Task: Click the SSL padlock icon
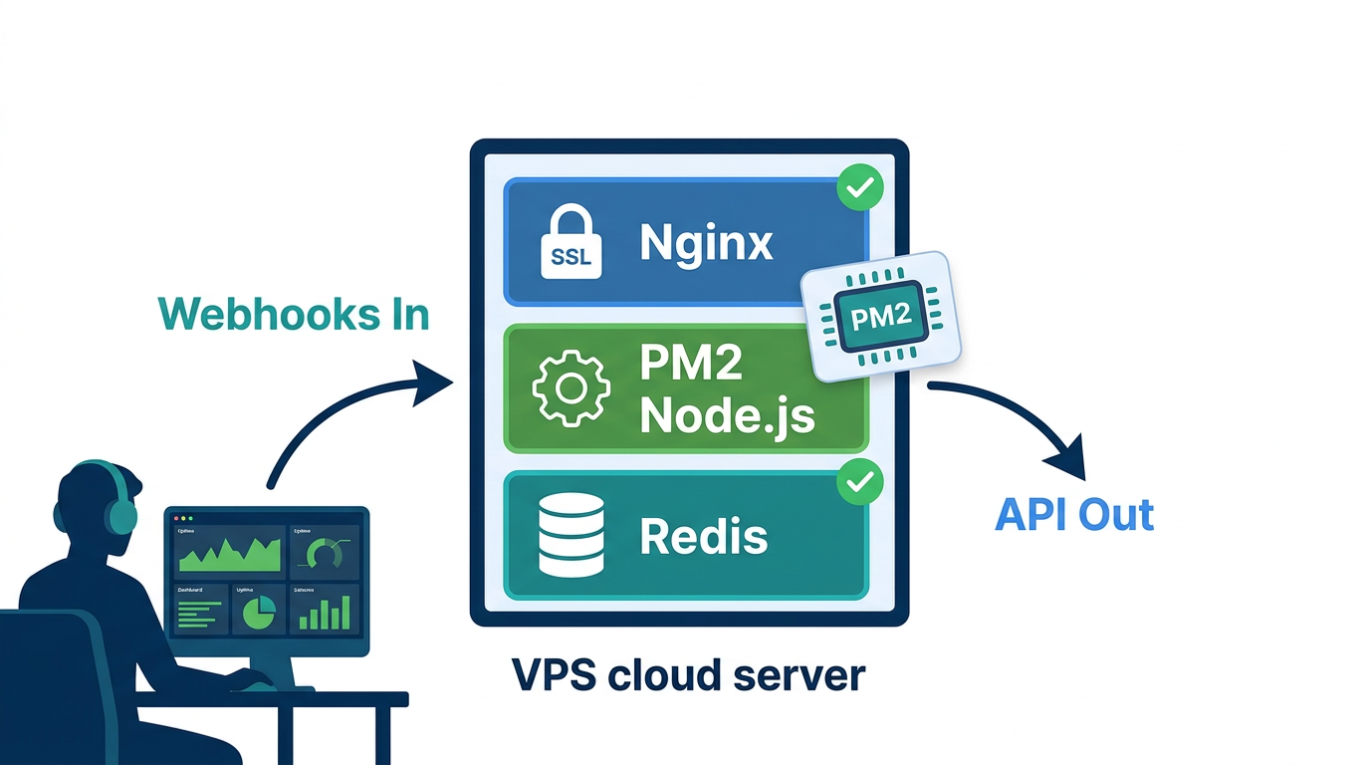tap(571, 243)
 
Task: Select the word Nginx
tap(706, 242)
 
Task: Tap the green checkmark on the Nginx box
tap(859, 186)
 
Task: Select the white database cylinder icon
tap(571, 535)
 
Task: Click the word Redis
tap(703, 536)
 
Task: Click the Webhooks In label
tap(294, 314)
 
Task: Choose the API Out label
tap(1074, 515)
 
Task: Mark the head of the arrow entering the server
tap(436, 382)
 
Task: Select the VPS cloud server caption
tap(688, 675)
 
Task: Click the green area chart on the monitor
tap(230, 554)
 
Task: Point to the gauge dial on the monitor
tap(325, 554)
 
